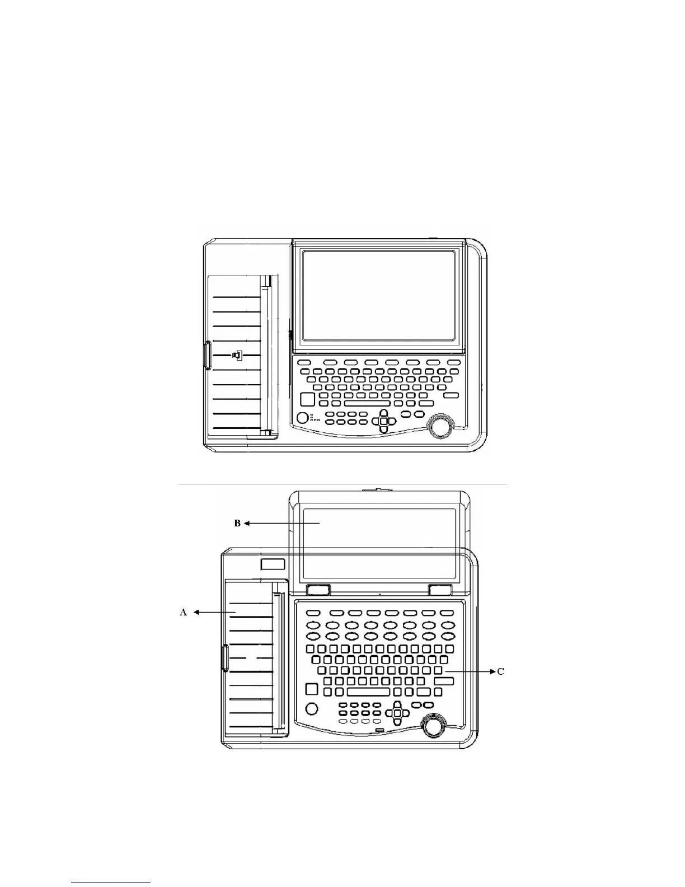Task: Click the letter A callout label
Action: pyautogui.click(x=183, y=613)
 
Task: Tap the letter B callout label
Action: pyautogui.click(x=237, y=523)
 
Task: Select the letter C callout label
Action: pyautogui.click(x=500, y=671)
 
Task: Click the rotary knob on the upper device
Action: pyautogui.click(x=439, y=426)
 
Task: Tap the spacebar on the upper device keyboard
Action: pyautogui.click(x=367, y=403)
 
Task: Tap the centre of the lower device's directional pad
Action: pyautogui.click(x=397, y=713)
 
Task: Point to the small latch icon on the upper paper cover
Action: pyautogui.click(x=237, y=355)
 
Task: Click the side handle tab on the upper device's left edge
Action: pyautogui.click(x=207, y=355)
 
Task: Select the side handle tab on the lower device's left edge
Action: pyautogui.click(x=225, y=657)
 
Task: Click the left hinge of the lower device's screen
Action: pyautogui.click(x=318, y=589)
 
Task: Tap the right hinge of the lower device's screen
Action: pyautogui.click(x=440, y=589)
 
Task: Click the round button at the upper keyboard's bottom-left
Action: pyautogui.click(x=302, y=417)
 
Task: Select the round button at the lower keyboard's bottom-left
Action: pyautogui.click(x=312, y=708)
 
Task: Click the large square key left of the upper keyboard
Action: pyautogui.click(x=307, y=399)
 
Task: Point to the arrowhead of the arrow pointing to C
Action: pyautogui.click(x=494, y=671)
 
